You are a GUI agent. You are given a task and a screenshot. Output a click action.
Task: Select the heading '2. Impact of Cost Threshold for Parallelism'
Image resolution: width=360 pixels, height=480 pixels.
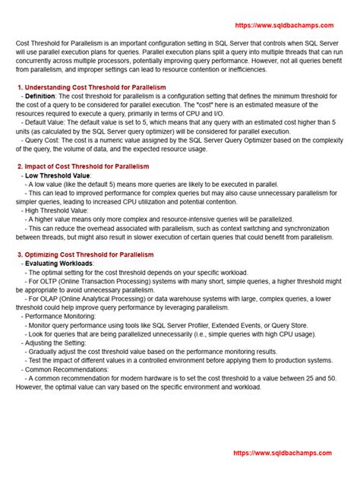point(83,165)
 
